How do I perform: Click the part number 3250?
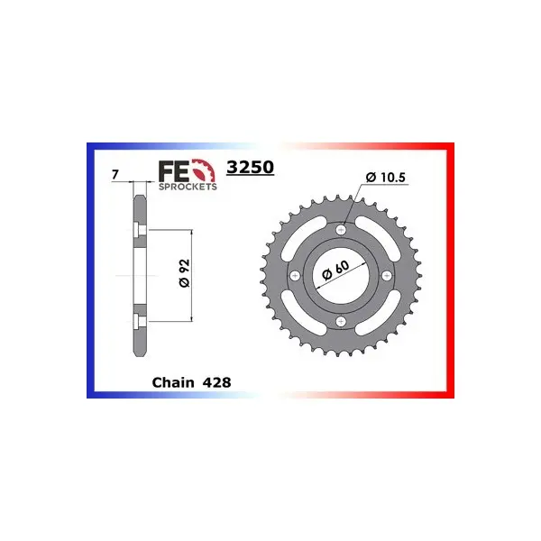[250, 167]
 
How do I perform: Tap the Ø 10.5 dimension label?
[386, 178]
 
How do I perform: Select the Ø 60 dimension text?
[335, 270]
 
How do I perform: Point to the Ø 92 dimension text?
[185, 273]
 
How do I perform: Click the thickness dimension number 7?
[115, 175]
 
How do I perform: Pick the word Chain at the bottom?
[173, 382]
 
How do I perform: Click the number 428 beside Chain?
[216, 382]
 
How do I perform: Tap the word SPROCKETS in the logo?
[188, 187]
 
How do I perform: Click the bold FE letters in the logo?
[173, 171]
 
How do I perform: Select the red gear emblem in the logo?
[204, 170]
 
